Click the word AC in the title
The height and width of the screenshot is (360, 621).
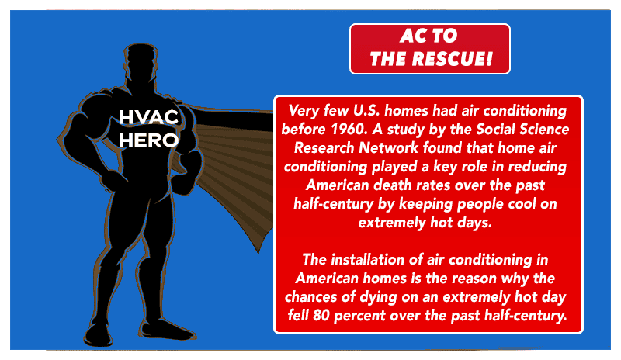tap(414, 36)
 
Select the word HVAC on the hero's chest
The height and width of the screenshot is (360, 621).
tap(148, 117)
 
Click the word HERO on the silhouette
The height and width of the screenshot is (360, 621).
tap(148, 140)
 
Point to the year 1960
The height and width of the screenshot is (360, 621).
tap(348, 129)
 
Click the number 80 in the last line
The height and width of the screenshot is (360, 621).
tap(321, 316)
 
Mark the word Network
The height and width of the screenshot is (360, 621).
tap(388, 147)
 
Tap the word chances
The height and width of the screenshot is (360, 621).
tap(314, 296)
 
